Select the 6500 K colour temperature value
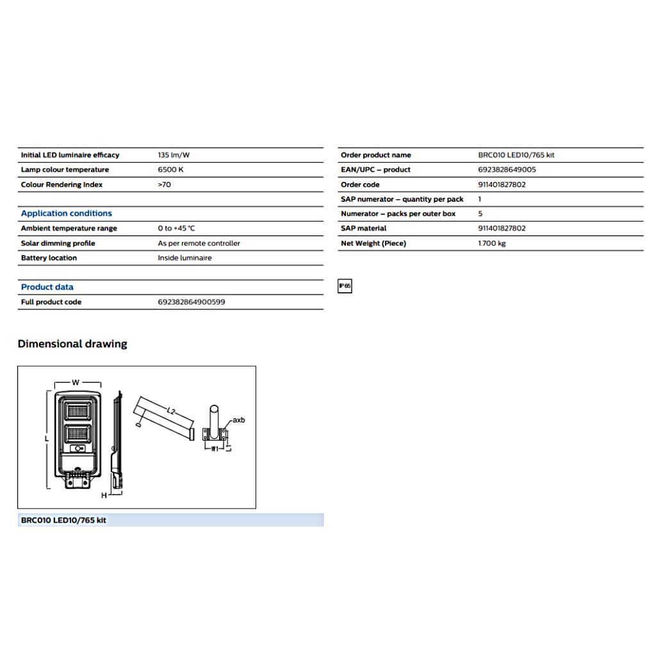pos(170,170)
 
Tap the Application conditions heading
pos(66,213)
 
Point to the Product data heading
pos(47,287)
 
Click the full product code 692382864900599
pos(191,302)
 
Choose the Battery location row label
pos(49,258)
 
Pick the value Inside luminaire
pos(184,258)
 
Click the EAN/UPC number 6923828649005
pos(507,170)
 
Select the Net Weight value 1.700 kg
pos(491,243)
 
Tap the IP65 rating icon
pos(345,286)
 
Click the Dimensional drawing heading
pos(72,344)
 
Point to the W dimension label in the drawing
pos(76,382)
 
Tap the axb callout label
pos(238,420)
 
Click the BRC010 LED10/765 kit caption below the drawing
pos(63,520)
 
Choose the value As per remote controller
pos(199,243)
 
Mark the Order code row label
pos(360,184)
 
